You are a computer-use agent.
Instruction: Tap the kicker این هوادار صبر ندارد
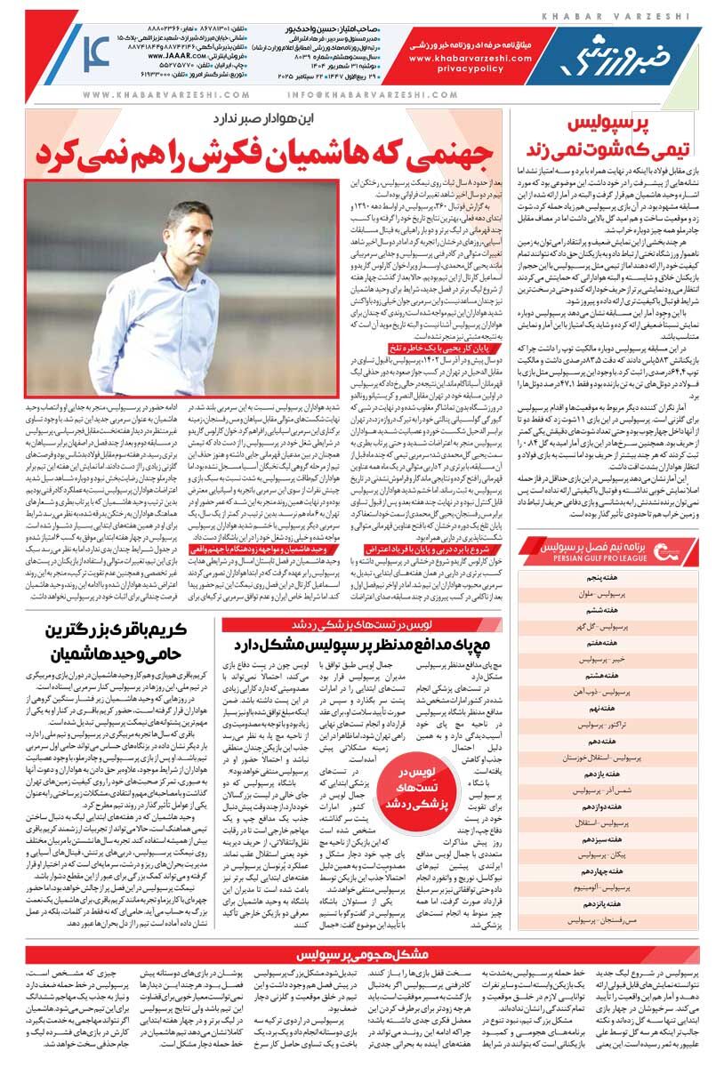[x=255, y=116]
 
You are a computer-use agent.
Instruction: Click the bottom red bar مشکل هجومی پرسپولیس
[x=366, y=955]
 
